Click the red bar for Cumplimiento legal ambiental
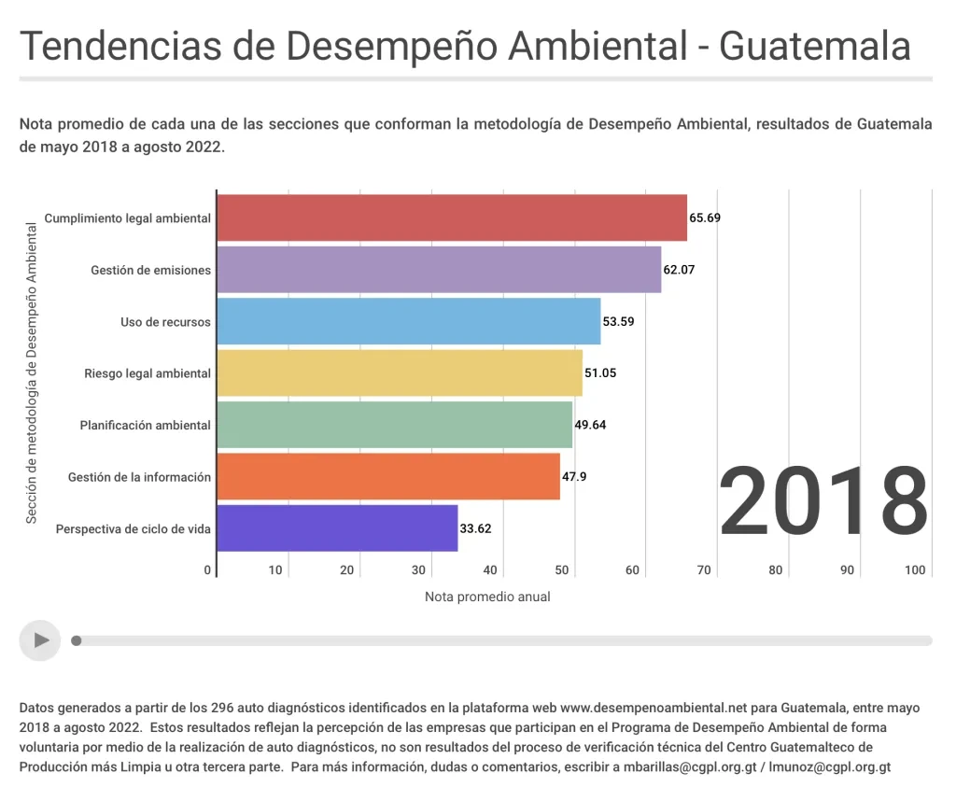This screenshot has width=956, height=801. point(452,218)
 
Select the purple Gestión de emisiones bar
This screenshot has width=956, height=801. point(439,270)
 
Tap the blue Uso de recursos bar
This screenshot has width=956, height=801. point(409,322)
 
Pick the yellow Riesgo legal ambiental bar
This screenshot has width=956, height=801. point(400,373)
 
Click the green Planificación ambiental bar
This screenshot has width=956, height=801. point(394,425)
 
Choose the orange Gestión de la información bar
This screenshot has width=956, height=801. point(388,477)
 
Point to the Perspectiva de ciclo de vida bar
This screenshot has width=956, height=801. point(337,528)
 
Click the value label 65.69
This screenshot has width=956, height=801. point(705,218)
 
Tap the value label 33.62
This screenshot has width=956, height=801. point(475,528)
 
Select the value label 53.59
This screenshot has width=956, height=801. point(618,322)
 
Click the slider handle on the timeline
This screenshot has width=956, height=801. point(77,640)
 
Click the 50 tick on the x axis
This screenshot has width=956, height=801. point(563,570)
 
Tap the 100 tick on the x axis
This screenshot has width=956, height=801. point(915,570)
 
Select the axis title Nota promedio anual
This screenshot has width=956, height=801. point(487,597)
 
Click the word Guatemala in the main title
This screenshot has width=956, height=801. point(815,46)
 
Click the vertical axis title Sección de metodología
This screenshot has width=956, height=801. point(31,373)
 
